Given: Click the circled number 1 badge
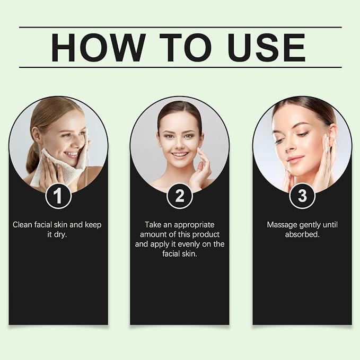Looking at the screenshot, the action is pyautogui.click(x=58, y=196).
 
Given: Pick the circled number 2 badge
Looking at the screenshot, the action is pyautogui.click(x=180, y=196).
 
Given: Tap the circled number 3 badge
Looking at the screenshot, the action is pyautogui.click(x=302, y=196).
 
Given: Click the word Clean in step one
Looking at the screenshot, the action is pyautogui.click(x=22, y=225).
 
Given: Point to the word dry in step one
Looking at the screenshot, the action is pyautogui.click(x=60, y=235).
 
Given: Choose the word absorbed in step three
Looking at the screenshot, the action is pyautogui.click(x=302, y=235).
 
